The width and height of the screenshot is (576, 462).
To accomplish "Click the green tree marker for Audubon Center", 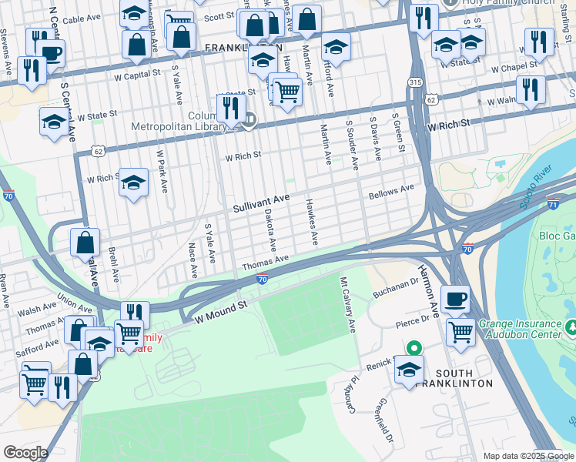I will pos(571,329).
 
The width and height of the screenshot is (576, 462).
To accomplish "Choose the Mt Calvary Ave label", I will pos(347,305).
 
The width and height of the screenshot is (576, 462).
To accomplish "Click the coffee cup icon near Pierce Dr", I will pos(455,298).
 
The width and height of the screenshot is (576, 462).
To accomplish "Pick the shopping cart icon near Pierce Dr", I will pos(460,332).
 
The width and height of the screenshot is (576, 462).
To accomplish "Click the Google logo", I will pos(25,453).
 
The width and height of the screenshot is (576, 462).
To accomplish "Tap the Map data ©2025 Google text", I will pos(527,456).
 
